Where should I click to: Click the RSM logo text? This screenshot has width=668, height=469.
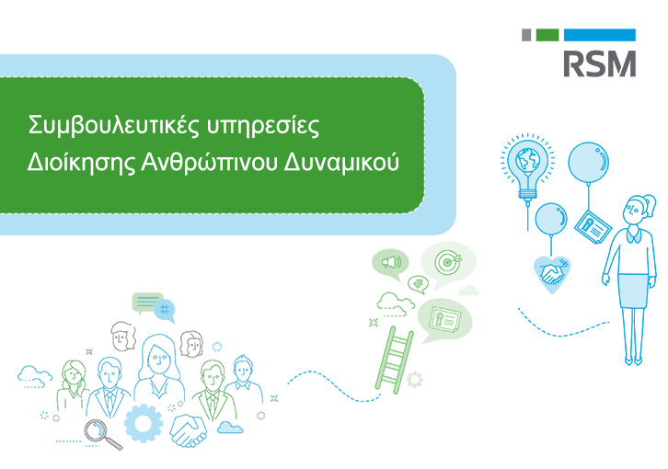point(598,63)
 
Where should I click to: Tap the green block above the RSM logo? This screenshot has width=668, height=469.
point(547,35)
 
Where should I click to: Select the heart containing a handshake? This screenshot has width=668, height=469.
point(553,273)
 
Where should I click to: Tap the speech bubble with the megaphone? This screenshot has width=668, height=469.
point(390,264)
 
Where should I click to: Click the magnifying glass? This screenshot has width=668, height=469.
point(99,430)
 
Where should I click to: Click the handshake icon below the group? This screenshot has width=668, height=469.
point(190,428)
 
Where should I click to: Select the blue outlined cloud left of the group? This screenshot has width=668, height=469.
point(35,374)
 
